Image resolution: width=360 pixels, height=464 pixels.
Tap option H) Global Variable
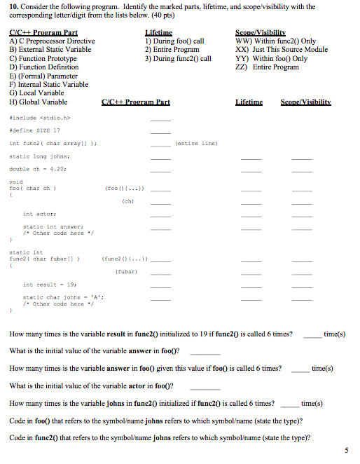[39, 102]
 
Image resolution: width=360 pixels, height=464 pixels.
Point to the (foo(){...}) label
[125, 188]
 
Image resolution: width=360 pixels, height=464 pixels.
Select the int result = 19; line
[45, 285]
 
